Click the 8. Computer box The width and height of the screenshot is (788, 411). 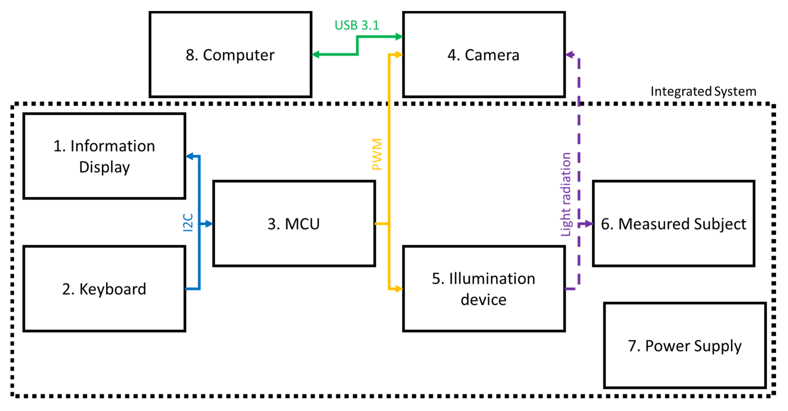click(x=230, y=54)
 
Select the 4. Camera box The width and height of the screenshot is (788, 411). click(x=483, y=54)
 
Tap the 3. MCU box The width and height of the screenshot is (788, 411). click(x=294, y=224)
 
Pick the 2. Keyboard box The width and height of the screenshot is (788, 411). click(x=104, y=289)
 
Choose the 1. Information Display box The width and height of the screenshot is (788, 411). click(x=104, y=156)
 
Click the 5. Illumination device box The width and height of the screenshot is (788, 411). click(x=483, y=289)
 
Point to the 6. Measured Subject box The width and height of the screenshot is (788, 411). click(x=673, y=224)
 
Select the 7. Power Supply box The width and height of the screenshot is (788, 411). click(x=684, y=346)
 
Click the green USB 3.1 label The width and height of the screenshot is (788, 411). click(x=357, y=25)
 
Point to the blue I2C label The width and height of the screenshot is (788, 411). click(x=187, y=222)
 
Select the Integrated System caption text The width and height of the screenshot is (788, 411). click(x=703, y=91)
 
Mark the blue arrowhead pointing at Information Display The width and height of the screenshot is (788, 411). click(x=190, y=156)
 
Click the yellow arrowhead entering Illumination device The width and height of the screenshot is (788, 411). click(x=398, y=289)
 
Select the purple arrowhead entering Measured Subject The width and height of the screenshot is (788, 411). click(x=589, y=224)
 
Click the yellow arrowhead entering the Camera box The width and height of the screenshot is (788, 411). click(x=398, y=54)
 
